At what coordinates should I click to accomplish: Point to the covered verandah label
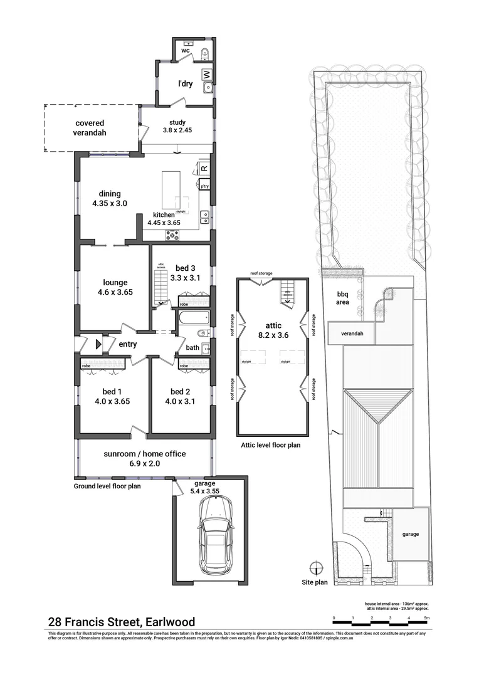[90, 128]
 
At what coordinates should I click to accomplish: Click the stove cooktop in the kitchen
[171, 235]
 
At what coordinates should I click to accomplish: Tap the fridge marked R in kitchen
[204, 168]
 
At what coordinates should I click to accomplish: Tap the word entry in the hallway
[127, 344]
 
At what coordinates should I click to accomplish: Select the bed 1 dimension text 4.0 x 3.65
[112, 402]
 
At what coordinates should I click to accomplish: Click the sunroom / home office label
[144, 454]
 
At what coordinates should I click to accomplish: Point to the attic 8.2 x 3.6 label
[273, 330]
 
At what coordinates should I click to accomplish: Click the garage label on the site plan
[411, 534]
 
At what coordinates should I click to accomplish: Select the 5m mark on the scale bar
[427, 618]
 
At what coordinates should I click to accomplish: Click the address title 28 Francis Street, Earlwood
[122, 622]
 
